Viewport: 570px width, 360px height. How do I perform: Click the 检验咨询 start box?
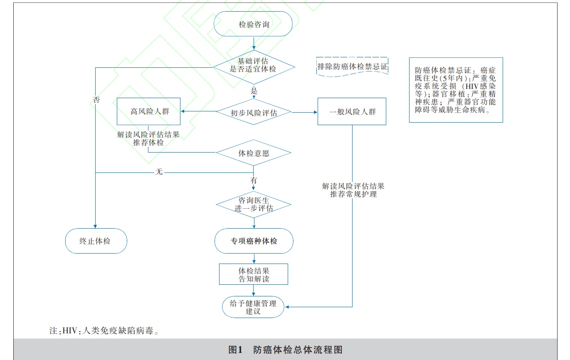254,25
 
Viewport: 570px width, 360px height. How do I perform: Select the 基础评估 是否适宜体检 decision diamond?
254,65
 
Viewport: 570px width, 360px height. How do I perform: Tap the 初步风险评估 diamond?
254,112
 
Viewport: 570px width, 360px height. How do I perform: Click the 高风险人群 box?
148,111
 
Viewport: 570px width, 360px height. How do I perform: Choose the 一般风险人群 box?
352,111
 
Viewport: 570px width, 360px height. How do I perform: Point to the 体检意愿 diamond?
254,153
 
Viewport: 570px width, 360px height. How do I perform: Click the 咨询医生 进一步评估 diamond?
254,205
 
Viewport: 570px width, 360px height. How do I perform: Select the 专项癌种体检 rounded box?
254,241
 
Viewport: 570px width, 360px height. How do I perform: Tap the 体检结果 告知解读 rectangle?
254,274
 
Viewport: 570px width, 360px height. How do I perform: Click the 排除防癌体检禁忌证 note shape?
352,67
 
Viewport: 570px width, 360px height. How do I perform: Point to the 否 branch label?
96,100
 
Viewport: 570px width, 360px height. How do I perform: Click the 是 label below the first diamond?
254,91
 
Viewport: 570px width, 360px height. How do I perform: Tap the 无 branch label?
158,171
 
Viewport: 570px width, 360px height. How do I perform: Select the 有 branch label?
254,181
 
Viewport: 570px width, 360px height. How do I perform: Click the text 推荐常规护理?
353,194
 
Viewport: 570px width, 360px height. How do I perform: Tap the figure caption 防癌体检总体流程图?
298,350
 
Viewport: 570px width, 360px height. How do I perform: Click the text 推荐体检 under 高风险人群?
148,143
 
